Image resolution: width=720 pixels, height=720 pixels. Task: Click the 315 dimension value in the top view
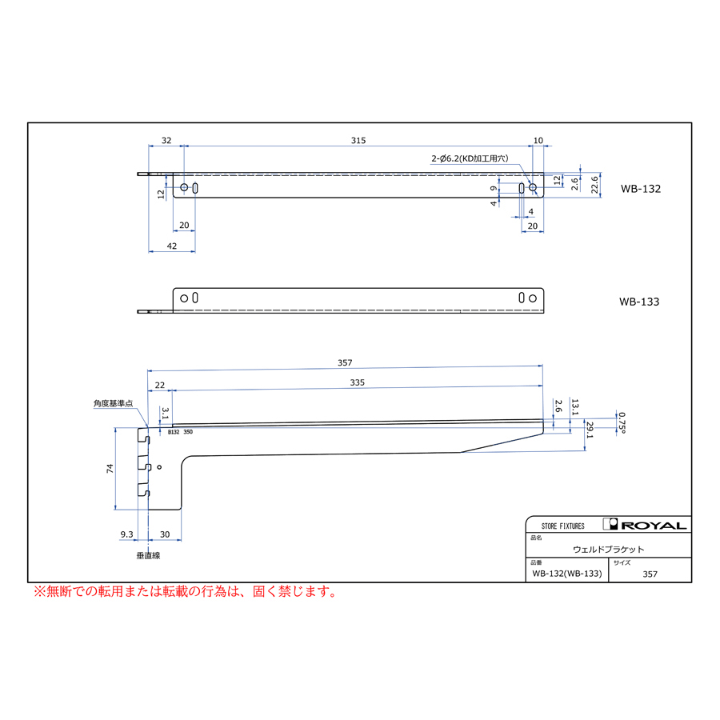358,141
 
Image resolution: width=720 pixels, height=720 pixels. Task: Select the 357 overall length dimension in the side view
345,362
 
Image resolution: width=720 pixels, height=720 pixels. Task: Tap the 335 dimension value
358,382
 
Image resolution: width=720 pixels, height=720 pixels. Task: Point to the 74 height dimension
110,468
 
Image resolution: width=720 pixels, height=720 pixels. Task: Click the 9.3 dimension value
126,534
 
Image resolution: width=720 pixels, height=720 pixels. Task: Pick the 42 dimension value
172,246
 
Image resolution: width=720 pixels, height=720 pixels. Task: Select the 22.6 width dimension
594,185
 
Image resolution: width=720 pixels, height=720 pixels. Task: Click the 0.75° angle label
622,422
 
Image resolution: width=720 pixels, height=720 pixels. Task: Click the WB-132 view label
641,189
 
